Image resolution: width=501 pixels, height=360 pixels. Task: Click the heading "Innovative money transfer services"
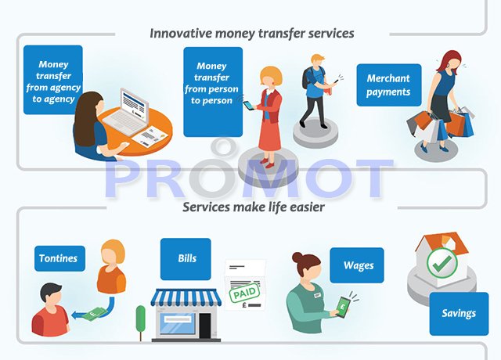(x=252, y=34)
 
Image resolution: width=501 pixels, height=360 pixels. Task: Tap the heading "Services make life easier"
(x=252, y=207)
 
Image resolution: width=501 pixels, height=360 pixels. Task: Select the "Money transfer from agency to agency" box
(x=52, y=81)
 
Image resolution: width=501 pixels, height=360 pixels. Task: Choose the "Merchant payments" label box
(x=388, y=85)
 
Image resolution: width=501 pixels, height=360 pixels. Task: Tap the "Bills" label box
(x=186, y=259)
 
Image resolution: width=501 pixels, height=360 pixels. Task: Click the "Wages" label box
(x=358, y=265)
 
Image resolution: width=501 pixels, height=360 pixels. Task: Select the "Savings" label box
(x=458, y=313)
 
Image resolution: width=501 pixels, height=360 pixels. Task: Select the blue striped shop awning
(x=186, y=297)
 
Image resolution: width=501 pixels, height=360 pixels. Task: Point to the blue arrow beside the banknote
(x=78, y=315)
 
